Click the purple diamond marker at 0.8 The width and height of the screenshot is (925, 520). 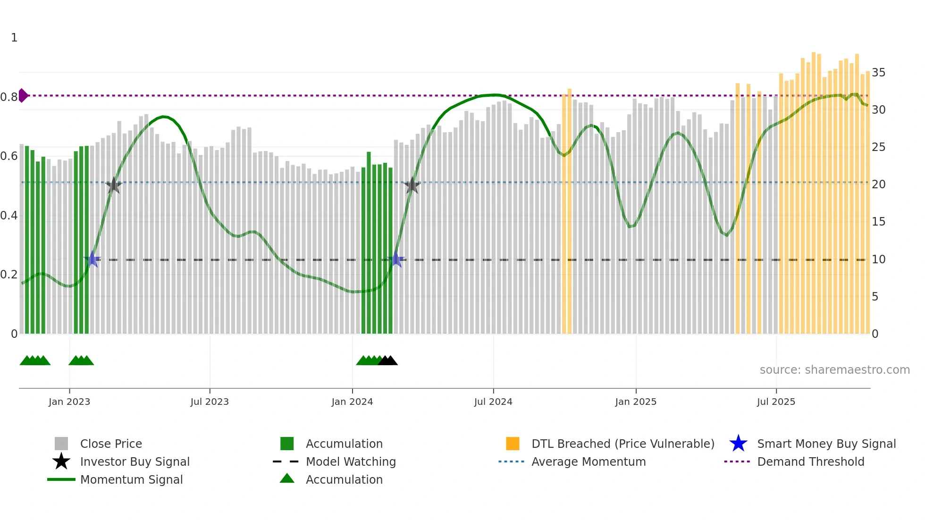point(23,95)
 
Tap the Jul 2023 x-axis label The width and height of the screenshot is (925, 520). point(210,402)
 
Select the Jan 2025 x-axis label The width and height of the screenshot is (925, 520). point(636,402)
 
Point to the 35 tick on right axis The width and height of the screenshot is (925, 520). point(878,73)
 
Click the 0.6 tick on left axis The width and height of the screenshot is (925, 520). point(9,156)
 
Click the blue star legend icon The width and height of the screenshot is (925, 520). point(738,444)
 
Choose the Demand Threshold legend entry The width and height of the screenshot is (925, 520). point(810,461)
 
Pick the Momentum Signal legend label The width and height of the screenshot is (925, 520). point(131,479)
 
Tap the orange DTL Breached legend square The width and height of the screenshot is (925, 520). point(513,444)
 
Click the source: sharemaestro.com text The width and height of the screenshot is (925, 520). point(834,369)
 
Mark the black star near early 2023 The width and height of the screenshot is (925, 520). point(113,185)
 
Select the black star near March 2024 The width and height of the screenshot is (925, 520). point(412,185)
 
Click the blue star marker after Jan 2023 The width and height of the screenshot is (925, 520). point(92,259)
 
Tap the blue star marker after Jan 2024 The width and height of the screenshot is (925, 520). point(396,259)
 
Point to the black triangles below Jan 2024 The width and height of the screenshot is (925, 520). point(388,361)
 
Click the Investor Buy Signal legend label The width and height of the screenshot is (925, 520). point(135,461)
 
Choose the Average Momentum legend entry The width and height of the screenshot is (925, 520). point(588,461)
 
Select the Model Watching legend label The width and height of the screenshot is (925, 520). point(351,461)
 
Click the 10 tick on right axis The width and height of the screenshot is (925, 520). point(878,260)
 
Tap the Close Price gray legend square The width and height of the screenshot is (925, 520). point(61,444)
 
